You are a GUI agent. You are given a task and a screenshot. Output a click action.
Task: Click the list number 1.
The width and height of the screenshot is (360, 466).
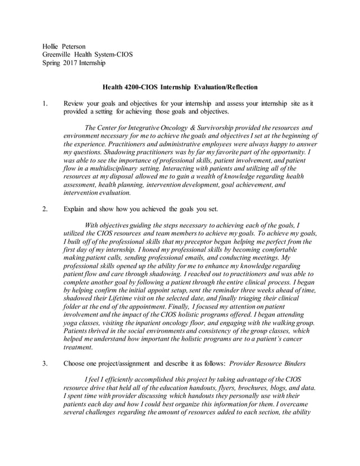(x=45, y=104)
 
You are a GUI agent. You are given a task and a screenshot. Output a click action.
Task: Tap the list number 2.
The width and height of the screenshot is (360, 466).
(x=45, y=209)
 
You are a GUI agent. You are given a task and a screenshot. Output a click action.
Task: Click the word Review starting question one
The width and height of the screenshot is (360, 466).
(x=76, y=104)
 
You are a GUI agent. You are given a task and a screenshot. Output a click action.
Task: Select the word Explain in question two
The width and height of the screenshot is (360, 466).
(x=76, y=209)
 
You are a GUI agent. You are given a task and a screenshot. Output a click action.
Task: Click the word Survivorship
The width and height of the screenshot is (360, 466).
(x=217, y=128)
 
